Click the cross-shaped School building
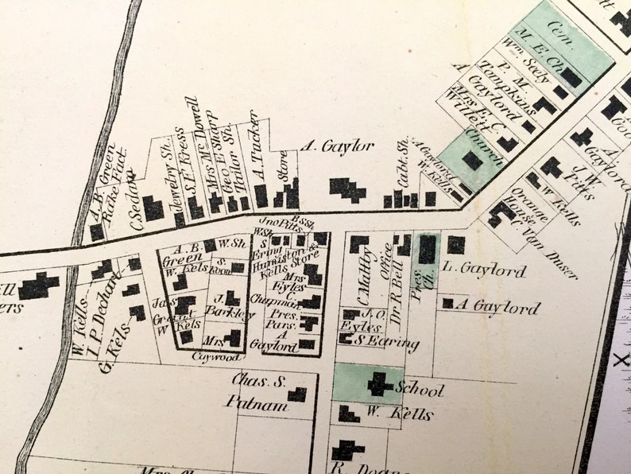[x=377, y=385]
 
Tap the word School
[x=419, y=390]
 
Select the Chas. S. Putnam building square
[x=297, y=394]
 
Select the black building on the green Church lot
[x=473, y=161]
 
